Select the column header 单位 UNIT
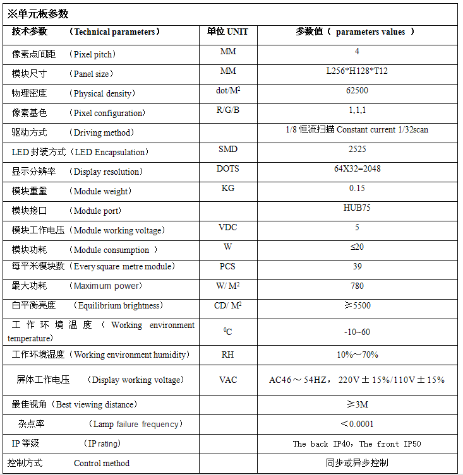tap(228, 32)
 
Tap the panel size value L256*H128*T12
tap(357, 71)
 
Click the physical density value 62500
tap(357, 90)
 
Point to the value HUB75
tap(357, 208)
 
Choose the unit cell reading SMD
tap(228, 149)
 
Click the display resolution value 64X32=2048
tap(357, 168)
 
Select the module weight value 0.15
tap(357, 188)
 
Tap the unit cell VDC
tap(228, 227)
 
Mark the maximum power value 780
tap(357, 286)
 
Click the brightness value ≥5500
tap(357, 305)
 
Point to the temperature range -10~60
tap(357, 332)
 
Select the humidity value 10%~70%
tap(357, 355)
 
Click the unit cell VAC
tap(228, 380)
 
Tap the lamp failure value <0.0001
tap(357, 424)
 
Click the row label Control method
tap(101, 463)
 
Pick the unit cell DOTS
tap(228, 168)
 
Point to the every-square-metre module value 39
tap(357, 266)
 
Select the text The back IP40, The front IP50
tap(357, 443)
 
